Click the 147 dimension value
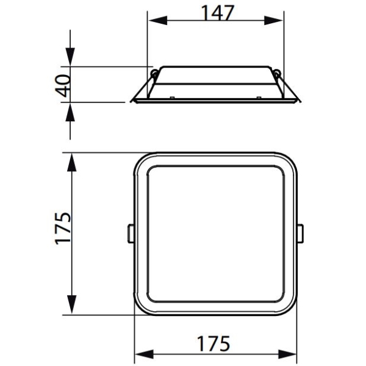point(217,13)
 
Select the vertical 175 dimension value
point(63,229)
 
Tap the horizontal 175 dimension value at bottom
point(213,343)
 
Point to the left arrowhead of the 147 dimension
point(158,20)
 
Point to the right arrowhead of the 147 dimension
point(273,20)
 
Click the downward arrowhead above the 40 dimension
point(70,57)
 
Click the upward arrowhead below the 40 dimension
point(70,112)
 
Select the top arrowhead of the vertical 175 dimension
point(71,163)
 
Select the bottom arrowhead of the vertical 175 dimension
point(71,304)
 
